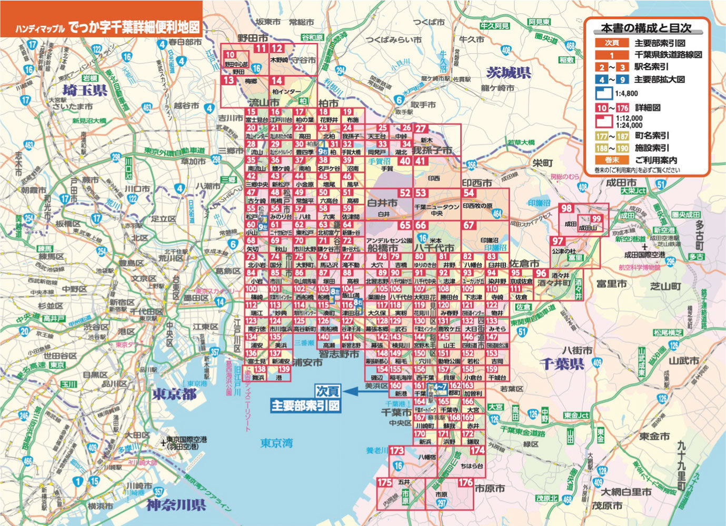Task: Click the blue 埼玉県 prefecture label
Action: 85,89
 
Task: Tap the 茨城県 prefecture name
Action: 508,72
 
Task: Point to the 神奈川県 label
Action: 176,505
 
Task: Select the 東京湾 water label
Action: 276,443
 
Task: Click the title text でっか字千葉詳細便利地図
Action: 134,28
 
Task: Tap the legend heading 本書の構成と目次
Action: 646,28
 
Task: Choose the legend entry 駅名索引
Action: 651,67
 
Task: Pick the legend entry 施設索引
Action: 651,148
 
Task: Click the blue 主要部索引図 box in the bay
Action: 305,406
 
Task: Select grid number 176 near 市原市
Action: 465,482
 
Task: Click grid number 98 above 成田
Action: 566,209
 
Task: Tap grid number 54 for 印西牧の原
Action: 469,194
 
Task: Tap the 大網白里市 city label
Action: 626,492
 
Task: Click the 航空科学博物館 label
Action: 640,268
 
